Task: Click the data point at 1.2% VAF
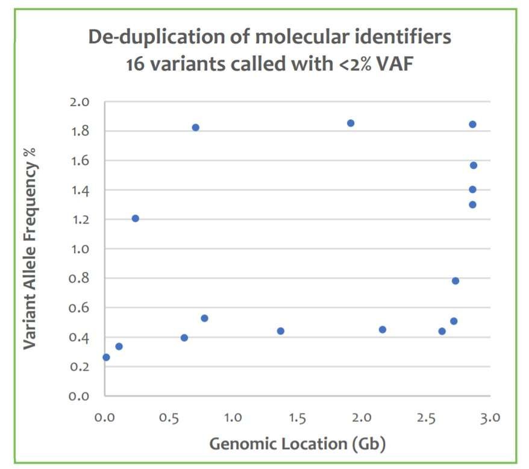coord(136,218)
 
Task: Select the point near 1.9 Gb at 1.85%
coord(351,123)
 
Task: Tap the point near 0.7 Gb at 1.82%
coord(195,127)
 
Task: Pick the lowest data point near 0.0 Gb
coord(107,357)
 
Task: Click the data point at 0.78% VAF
coord(455,281)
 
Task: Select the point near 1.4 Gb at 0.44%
coord(280,331)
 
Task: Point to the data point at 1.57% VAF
coord(474,165)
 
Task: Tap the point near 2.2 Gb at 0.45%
coord(383,330)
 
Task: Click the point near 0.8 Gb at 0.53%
coord(204,318)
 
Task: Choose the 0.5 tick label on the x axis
coord(169,418)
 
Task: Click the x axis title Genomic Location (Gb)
coord(297,445)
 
